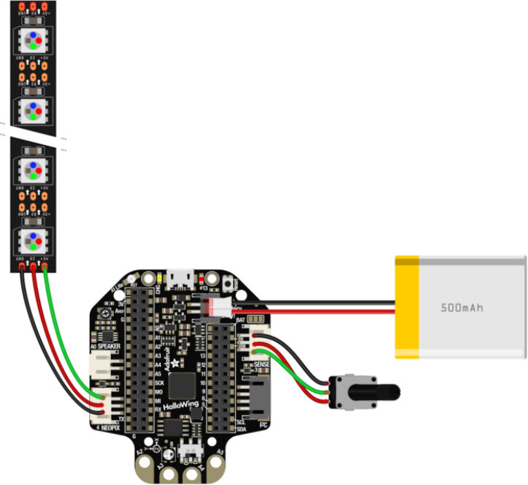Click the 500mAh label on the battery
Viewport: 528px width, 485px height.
462,308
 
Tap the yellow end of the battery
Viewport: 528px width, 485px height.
407,307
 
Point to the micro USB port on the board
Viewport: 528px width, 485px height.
180,278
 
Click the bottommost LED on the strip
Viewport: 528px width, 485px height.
32,239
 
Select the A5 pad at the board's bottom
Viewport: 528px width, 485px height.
220,454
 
